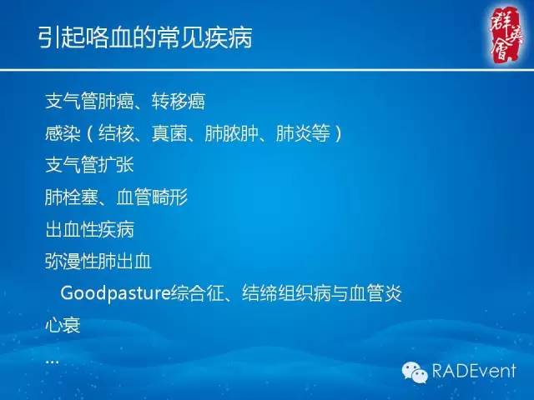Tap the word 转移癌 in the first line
click(179, 102)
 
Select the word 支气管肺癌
click(86, 102)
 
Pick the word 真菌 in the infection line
click(169, 133)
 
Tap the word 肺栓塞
click(71, 197)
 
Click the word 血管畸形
click(158, 197)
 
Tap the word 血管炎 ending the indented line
click(377, 293)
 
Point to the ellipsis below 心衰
click(52, 361)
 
